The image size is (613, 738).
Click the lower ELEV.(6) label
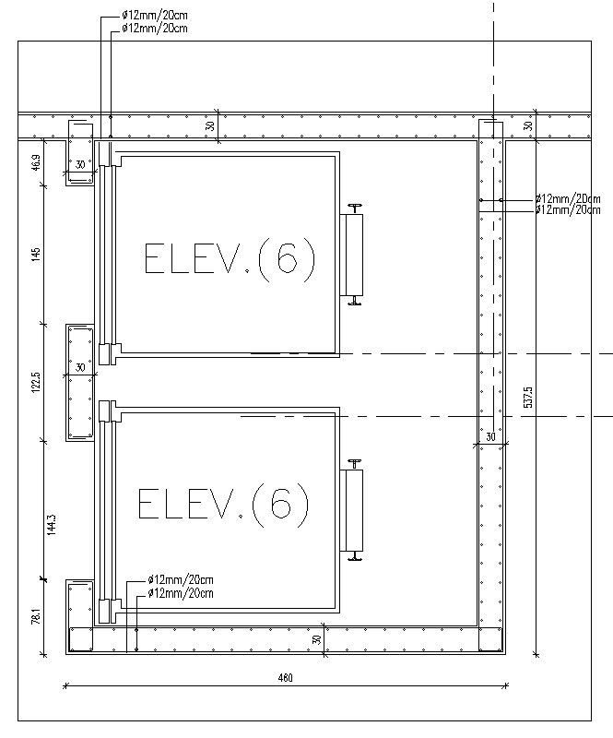[224, 505]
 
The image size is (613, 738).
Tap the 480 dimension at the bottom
[285, 678]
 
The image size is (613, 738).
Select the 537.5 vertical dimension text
[528, 397]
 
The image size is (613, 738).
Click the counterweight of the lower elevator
[353, 511]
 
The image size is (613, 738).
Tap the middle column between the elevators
[80, 383]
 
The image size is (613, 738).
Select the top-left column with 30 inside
[80, 152]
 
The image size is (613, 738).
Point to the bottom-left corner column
[79, 614]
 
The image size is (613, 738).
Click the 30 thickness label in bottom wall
[316, 638]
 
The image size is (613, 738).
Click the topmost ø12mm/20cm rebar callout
[155, 17]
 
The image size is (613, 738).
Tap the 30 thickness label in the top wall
[210, 126]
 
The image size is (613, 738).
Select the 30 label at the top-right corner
[528, 126]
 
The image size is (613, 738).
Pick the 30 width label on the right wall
[490, 436]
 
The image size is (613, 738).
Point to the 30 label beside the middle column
[80, 367]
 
